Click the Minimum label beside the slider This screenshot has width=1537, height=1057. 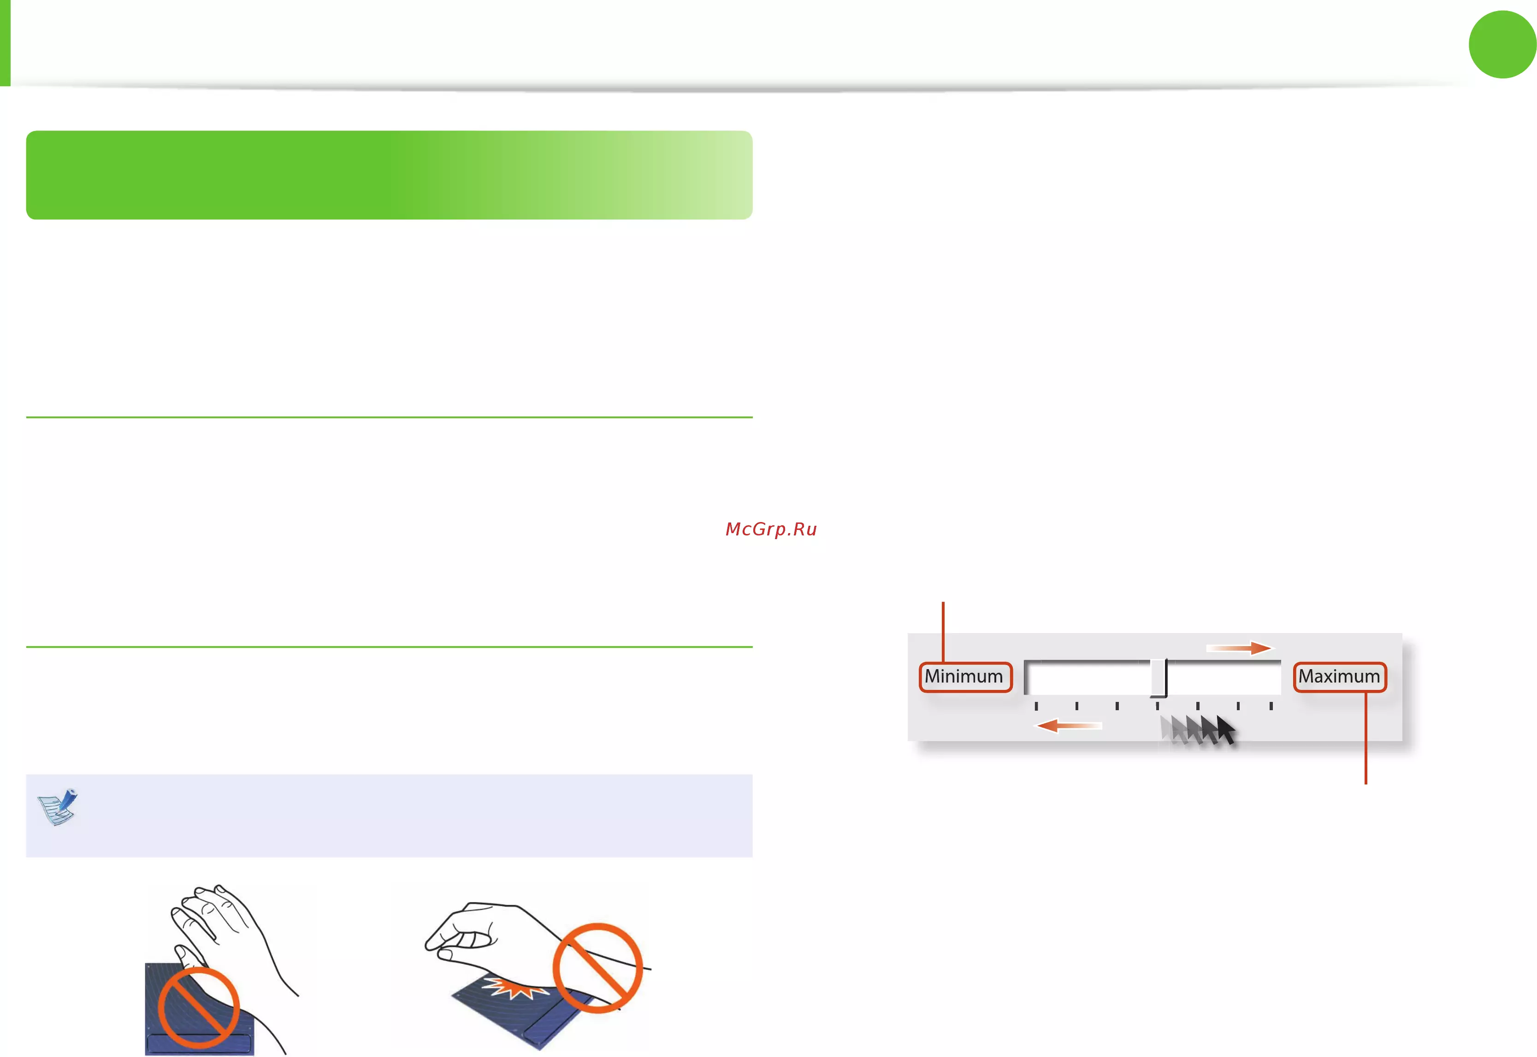[965, 677]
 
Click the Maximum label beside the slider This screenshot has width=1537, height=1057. [1339, 677]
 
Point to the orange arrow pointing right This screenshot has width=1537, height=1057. [1239, 647]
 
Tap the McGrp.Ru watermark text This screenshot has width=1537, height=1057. [771, 529]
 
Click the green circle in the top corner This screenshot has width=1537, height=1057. [1502, 44]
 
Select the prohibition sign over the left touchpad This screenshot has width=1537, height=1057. [199, 1008]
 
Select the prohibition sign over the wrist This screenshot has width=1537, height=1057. [597, 968]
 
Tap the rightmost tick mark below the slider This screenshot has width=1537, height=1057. [1271, 706]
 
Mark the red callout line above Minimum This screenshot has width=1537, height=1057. [943, 632]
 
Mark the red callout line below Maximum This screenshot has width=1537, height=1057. [1366, 738]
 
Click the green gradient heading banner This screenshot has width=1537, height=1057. [389, 175]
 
